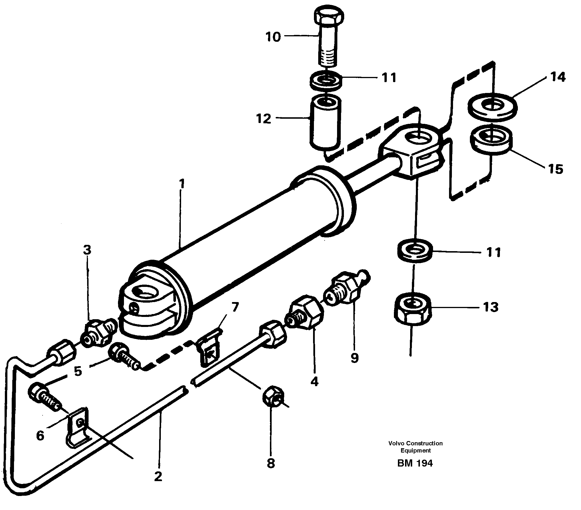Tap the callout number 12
(x=263, y=118)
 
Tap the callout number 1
(x=181, y=184)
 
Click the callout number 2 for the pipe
(x=158, y=476)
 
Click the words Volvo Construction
(x=415, y=443)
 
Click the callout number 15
(x=556, y=169)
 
